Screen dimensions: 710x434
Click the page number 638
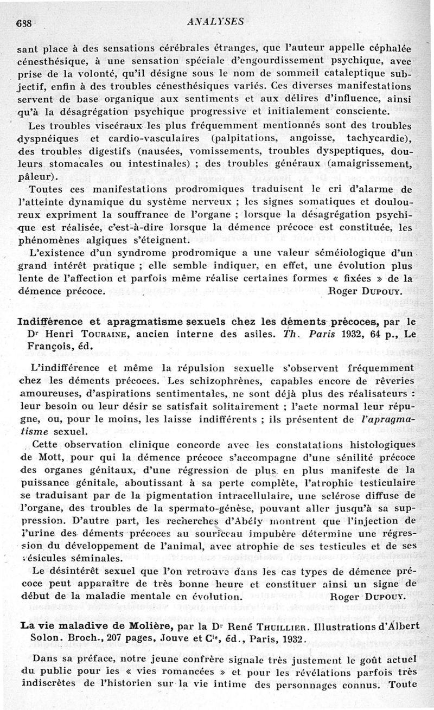[25, 23]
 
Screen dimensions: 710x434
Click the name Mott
[49, 457]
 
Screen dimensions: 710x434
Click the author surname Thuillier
[264, 625]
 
